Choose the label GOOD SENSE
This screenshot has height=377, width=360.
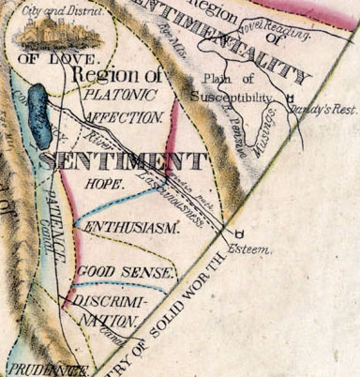(125, 273)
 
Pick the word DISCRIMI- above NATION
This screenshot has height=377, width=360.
(111, 301)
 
